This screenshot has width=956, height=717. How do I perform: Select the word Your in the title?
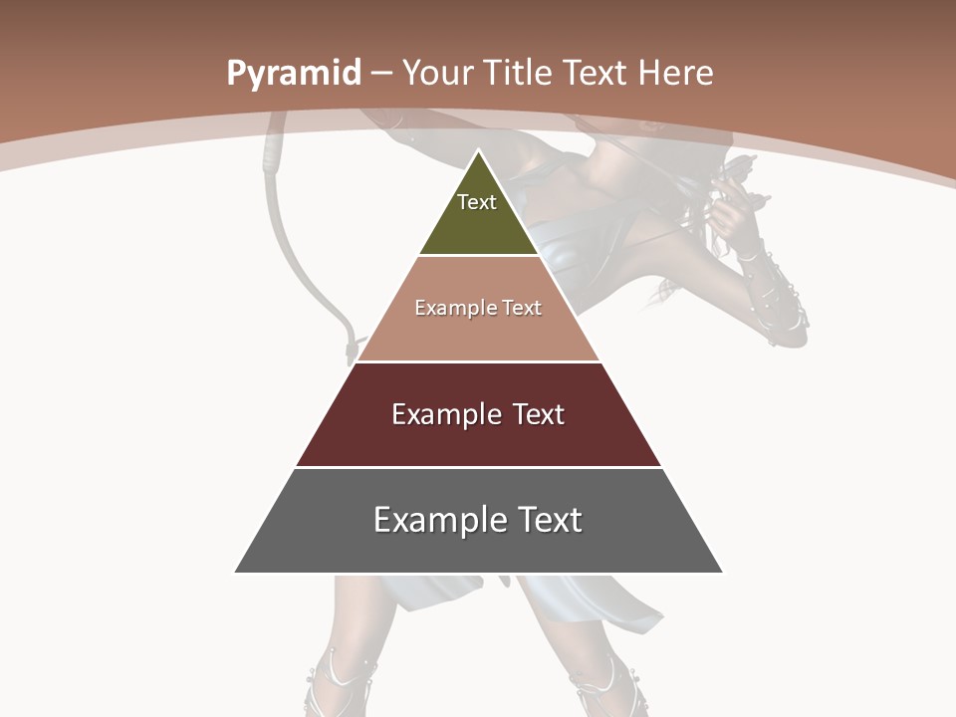439,73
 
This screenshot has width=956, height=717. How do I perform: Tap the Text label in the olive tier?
477,202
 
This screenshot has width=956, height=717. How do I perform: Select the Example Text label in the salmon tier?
478,308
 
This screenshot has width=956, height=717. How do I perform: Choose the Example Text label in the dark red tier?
478,414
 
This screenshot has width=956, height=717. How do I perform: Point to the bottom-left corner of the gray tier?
236,572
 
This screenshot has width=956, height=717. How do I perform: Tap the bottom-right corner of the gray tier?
722,572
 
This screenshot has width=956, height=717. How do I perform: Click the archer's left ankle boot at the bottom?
339,687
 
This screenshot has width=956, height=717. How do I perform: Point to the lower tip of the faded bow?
351,349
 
